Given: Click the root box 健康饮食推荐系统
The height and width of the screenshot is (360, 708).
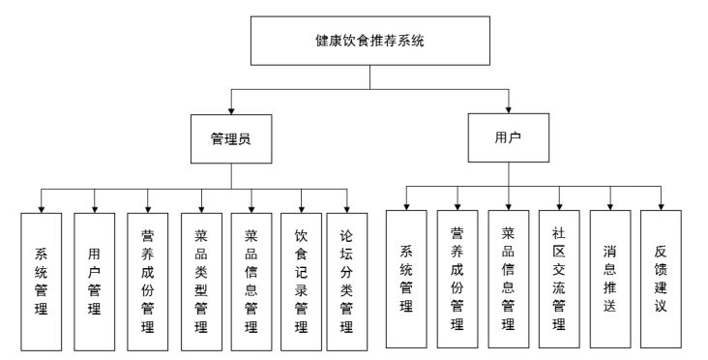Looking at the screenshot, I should (x=369, y=43).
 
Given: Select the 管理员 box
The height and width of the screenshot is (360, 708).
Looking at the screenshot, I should (x=231, y=139).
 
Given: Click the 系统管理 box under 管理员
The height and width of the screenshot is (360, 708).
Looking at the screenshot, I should (x=43, y=281).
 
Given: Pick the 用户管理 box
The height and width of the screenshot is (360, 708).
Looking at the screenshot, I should (x=94, y=281).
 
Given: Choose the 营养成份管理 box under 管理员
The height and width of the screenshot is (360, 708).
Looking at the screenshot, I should (x=147, y=281).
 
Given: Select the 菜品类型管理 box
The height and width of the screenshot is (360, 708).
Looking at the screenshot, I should (x=200, y=281).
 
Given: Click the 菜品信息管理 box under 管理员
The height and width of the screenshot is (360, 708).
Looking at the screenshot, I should (x=251, y=281).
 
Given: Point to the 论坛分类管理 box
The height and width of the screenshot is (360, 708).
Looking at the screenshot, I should (x=346, y=281).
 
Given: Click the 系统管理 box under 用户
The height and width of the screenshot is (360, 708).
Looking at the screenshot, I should (x=406, y=279).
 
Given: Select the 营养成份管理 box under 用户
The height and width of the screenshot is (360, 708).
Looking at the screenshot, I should (x=457, y=279).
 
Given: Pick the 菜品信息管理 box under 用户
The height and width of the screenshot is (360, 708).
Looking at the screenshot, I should (x=508, y=279).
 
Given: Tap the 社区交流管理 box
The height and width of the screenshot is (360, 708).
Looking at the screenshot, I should (x=559, y=279).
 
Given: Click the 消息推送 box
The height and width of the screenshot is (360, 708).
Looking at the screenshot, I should (x=610, y=279).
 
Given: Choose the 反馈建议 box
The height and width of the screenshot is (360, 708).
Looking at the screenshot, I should (x=661, y=279).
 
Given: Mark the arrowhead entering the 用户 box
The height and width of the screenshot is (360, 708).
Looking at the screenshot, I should (x=509, y=107).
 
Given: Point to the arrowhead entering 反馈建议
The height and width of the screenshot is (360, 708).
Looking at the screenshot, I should (x=661, y=205).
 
